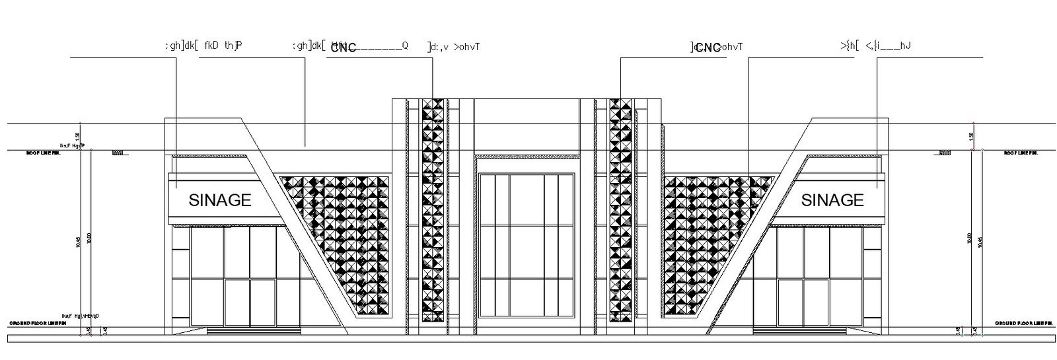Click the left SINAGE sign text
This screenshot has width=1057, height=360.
[x=220, y=200]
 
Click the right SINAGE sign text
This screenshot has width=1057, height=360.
[x=832, y=200]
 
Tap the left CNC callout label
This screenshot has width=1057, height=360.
[x=344, y=48]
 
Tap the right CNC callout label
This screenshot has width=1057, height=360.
[x=708, y=48]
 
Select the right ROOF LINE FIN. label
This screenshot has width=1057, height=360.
[x=1021, y=153]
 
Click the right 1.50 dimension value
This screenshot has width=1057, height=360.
[x=972, y=135]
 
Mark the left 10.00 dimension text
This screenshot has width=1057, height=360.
[x=89, y=238]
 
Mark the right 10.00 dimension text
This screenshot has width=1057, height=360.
[x=969, y=238]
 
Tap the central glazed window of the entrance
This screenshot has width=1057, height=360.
[x=527, y=244]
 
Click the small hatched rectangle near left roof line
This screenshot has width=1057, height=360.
[x=118, y=153]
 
